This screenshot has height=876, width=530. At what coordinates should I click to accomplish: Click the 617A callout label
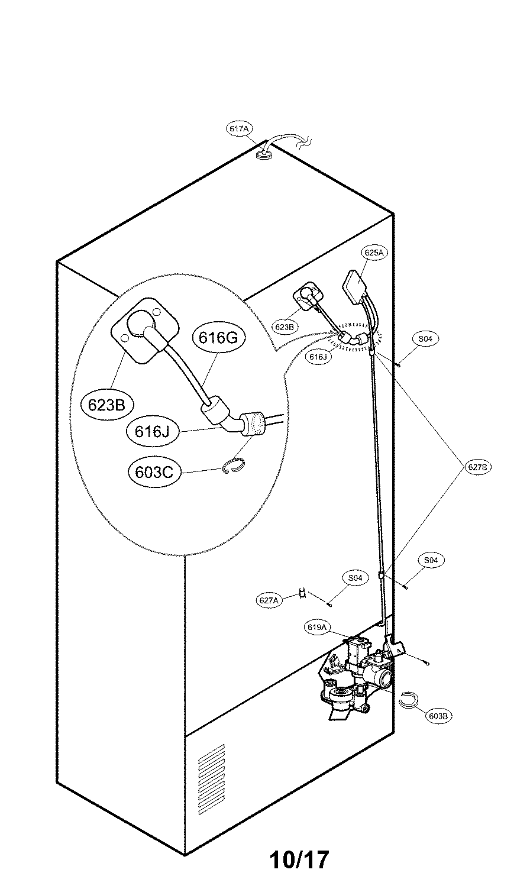240,128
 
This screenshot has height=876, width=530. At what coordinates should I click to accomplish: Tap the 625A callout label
374,253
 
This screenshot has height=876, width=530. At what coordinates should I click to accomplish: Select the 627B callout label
477,467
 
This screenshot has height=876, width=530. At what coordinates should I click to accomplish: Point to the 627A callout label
269,600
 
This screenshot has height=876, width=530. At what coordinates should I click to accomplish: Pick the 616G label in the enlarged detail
214,338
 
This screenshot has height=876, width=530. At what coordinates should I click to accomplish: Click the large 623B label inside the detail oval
106,405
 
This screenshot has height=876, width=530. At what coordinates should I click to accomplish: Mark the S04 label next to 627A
354,578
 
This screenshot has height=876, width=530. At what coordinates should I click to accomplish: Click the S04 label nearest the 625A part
425,339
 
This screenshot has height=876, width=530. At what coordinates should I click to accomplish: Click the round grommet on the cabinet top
264,156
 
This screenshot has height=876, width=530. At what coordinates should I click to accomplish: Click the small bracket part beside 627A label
302,593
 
